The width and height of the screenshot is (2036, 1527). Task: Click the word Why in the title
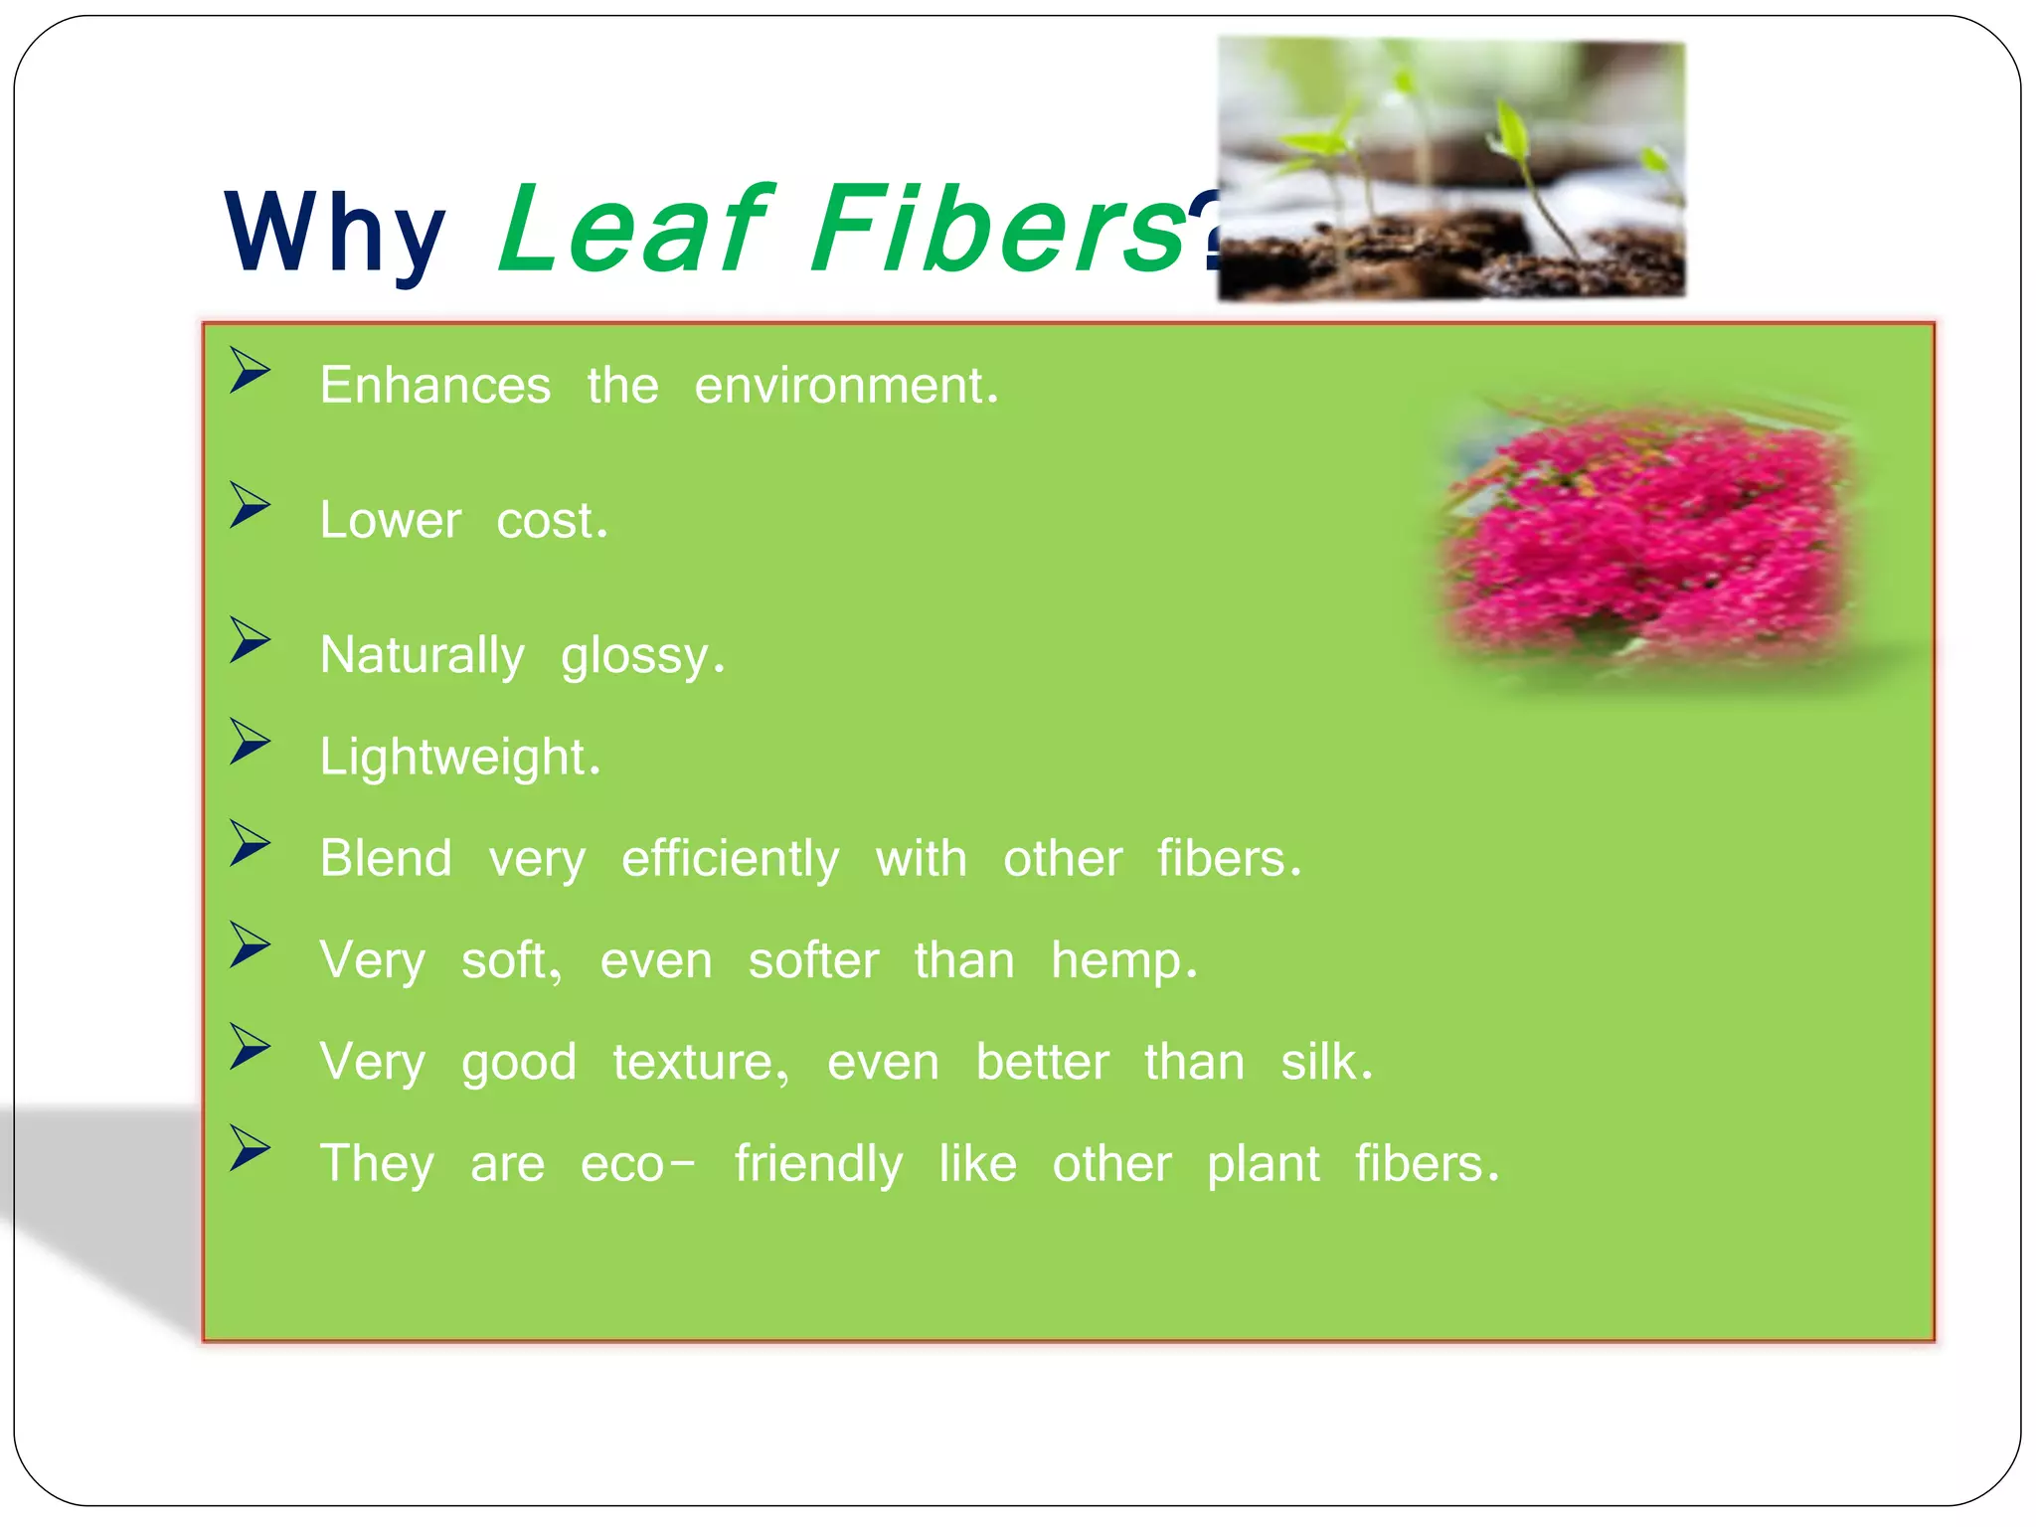(335, 233)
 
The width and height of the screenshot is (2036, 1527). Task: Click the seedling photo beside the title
(1451, 169)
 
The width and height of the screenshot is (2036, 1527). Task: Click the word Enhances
(434, 385)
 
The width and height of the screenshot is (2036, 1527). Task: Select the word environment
(845, 385)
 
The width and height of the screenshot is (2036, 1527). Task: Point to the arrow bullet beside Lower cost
(250, 505)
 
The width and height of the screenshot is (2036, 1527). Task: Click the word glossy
(642, 657)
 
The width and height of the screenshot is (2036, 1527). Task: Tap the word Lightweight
(459, 758)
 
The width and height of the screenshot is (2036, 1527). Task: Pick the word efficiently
(730, 859)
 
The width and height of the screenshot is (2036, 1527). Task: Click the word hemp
(1123, 962)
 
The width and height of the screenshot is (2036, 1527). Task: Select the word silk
(1326, 1062)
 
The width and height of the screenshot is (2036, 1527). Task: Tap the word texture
(700, 1062)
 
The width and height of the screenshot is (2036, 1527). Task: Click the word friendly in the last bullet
(818, 1164)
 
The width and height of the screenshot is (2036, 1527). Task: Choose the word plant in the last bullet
(1263, 1164)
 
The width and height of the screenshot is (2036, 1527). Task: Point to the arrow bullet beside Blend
(250, 843)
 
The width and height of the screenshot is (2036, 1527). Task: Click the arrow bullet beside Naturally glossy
(250, 640)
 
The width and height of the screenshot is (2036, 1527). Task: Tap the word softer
(813, 960)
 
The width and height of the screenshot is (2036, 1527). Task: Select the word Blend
(386, 859)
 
